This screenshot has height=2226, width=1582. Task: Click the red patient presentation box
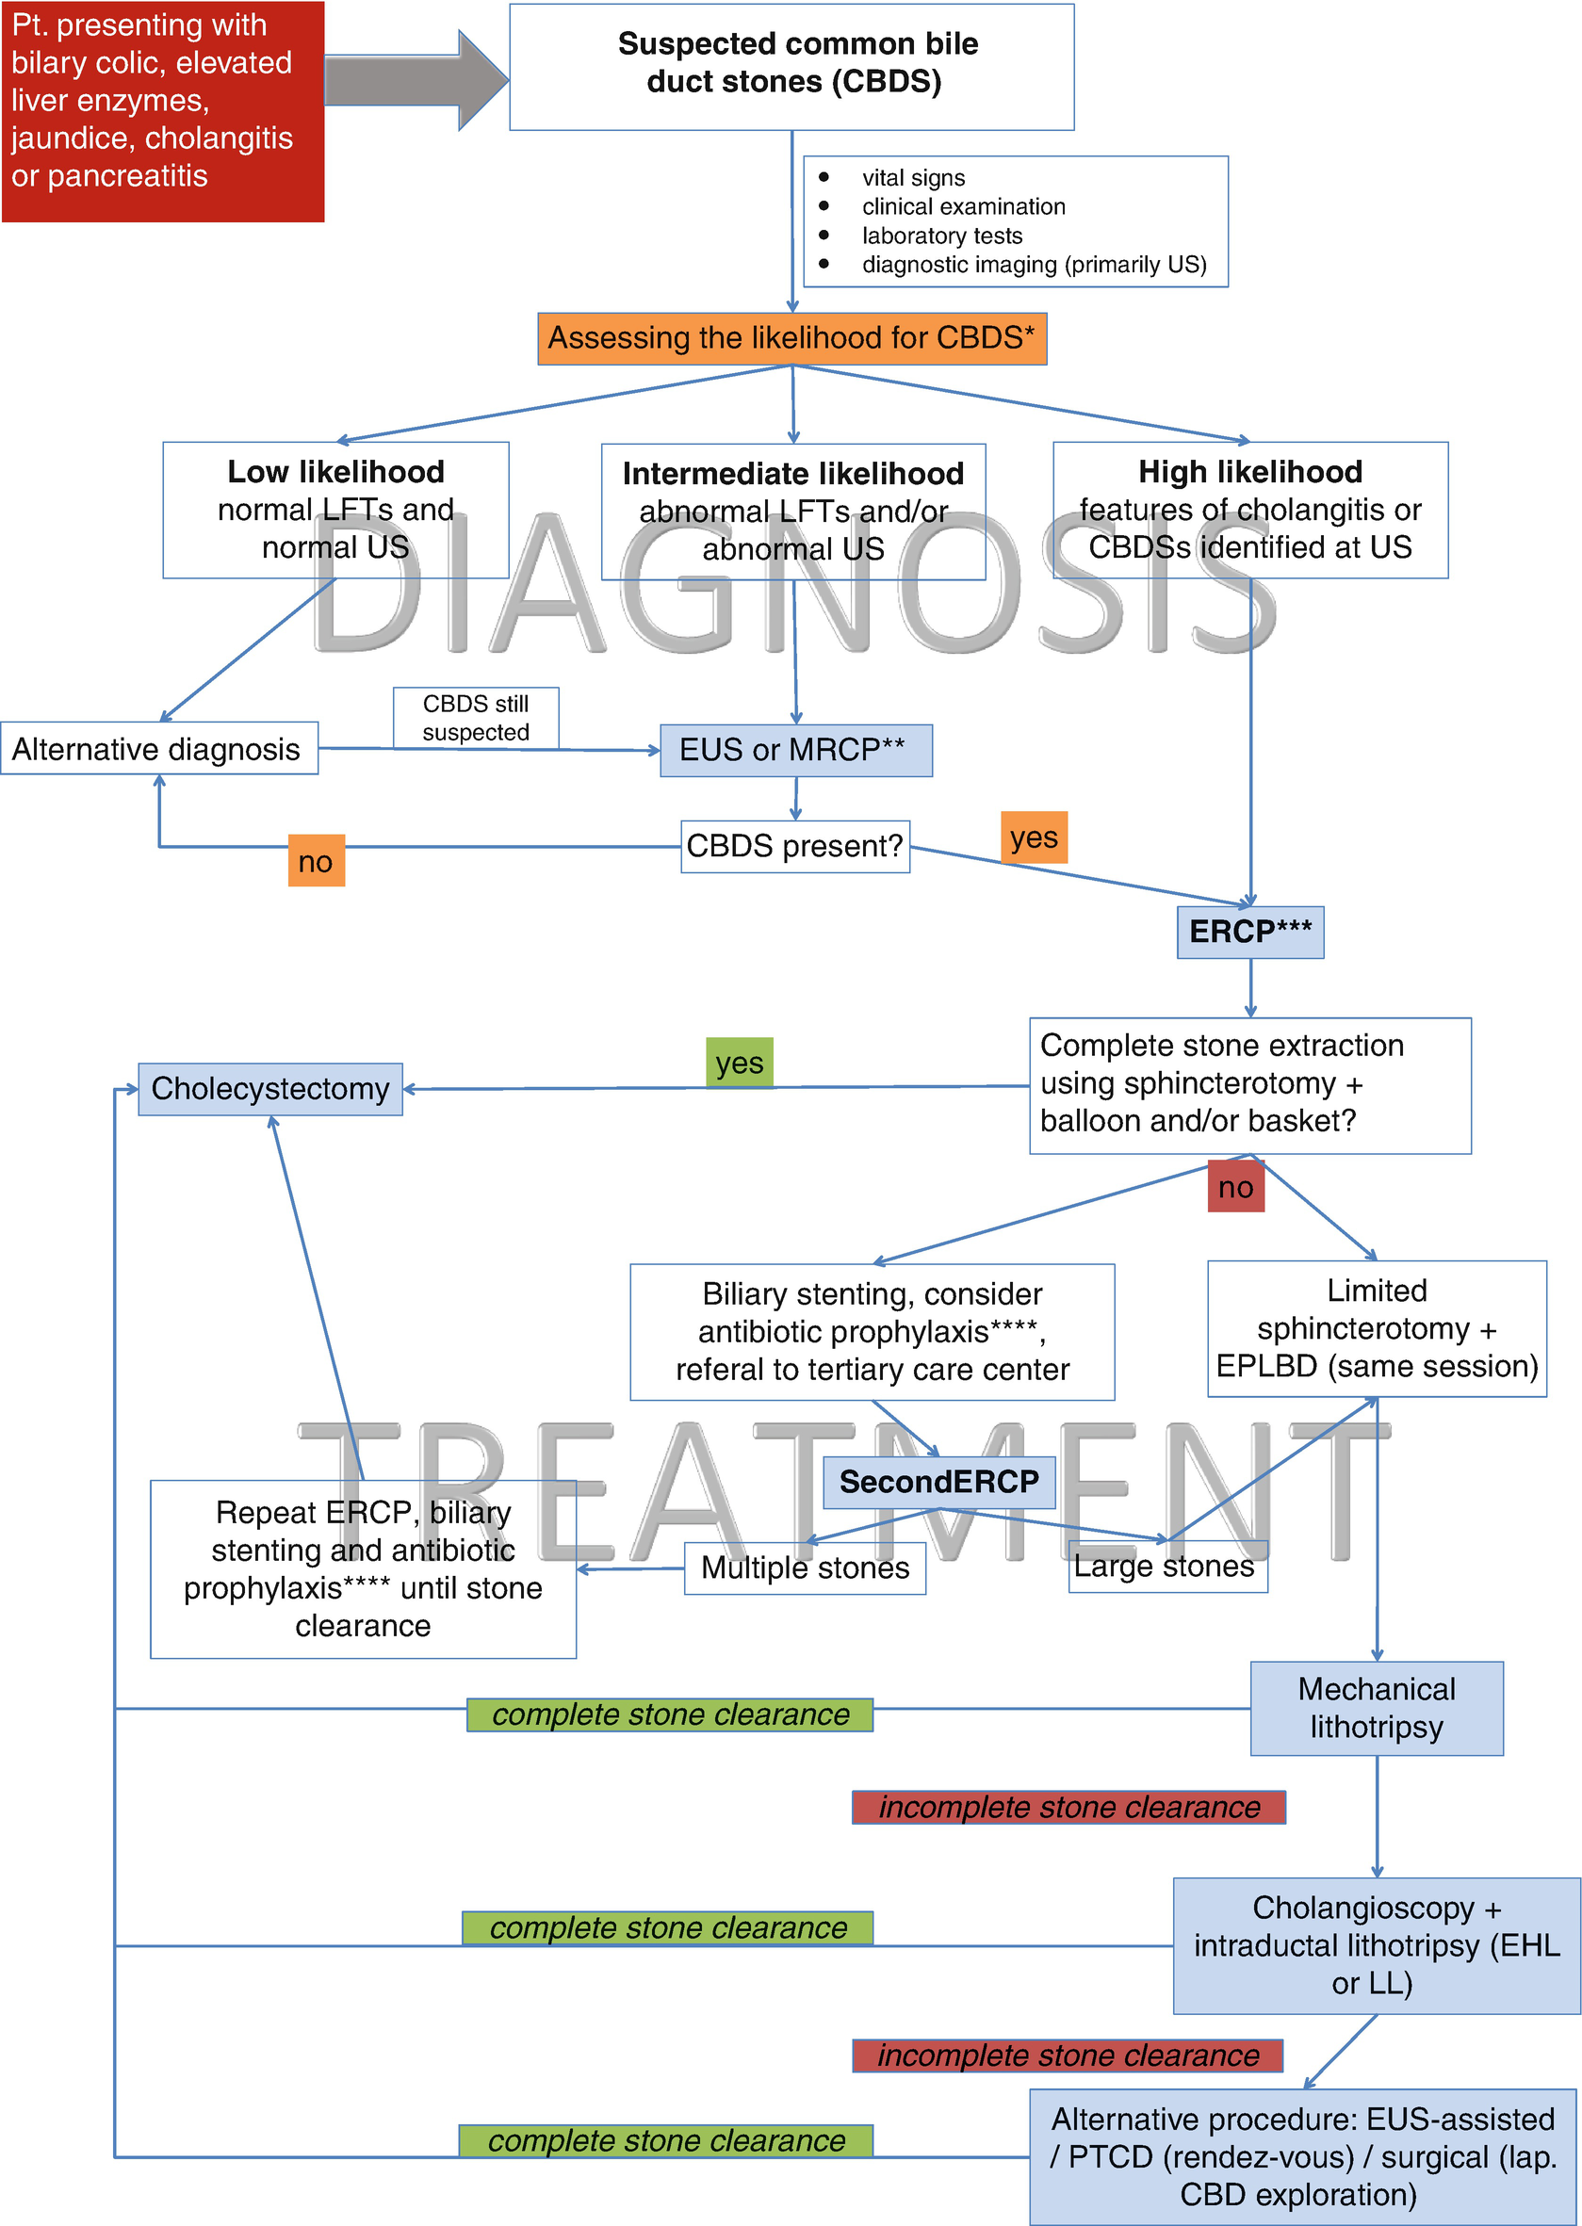tap(162, 111)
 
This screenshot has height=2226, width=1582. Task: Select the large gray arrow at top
tap(414, 80)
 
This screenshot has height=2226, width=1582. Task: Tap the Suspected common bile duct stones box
tap(791, 66)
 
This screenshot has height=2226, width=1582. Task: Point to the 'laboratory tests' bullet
tap(941, 236)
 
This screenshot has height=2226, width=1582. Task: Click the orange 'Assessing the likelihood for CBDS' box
tap(791, 339)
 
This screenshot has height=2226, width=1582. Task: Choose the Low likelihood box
tap(335, 511)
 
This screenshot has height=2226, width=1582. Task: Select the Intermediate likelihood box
tap(793, 512)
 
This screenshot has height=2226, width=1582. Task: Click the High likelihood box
tap(1249, 511)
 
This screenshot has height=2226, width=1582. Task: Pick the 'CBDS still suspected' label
tap(476, 718)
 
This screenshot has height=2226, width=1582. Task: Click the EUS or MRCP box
tap(795, 750)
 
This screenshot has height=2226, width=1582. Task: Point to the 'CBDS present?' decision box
tap(795, 846)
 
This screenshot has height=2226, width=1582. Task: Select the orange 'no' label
tap(316, 861)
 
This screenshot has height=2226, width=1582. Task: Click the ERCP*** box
tap(1249, 932)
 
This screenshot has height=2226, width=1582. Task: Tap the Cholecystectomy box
tap(269, 1089)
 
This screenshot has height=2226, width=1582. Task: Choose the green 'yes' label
tap(740, 1063)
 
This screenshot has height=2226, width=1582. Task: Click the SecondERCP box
tap(938, 1482)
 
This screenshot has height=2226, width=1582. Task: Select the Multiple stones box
tap(805, 1568)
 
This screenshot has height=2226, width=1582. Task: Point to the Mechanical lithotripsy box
tap(1376, 1708)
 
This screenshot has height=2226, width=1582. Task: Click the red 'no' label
tap(1235, 1187)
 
